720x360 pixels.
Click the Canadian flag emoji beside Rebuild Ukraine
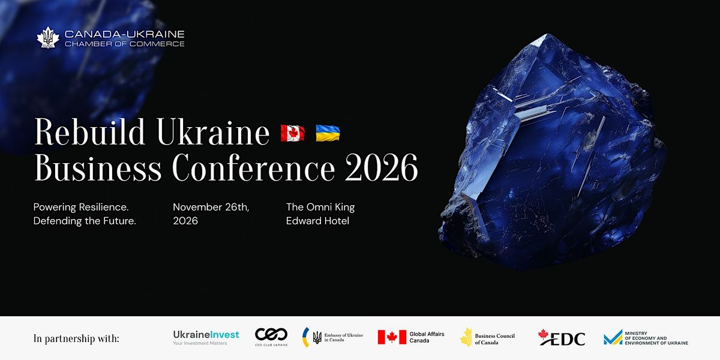click(x=293, y=133)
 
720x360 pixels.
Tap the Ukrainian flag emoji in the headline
click(x=328, y=133)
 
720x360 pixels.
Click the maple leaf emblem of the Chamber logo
click(x=48, y=38)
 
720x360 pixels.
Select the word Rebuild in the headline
click(x=89, y=132)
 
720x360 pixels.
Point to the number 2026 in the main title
click(x=381, y=168)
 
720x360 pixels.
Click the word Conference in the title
click(x=254, y=168)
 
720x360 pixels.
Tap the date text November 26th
click(x=211, y=207)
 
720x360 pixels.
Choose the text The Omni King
click(x=320, y=207)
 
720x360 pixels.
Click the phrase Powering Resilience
click(x=81, y=208)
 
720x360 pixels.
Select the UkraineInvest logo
click(x=206, y=337)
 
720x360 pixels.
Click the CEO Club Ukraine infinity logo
click(x=271, y=334)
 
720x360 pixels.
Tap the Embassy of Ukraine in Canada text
click(x=343, y=337)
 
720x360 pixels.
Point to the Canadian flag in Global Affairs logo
click(x=392, y=337)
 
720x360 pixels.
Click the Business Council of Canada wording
click(x=494, y=339)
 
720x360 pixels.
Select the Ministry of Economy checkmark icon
click(x=613, y=337)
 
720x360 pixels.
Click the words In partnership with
click(x=76, y=339)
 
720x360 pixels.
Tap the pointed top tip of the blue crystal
click(x=547, y=34)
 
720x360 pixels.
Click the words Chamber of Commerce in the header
click(x=125, y=44)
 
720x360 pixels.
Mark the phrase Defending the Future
click(x=85, y=221)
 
